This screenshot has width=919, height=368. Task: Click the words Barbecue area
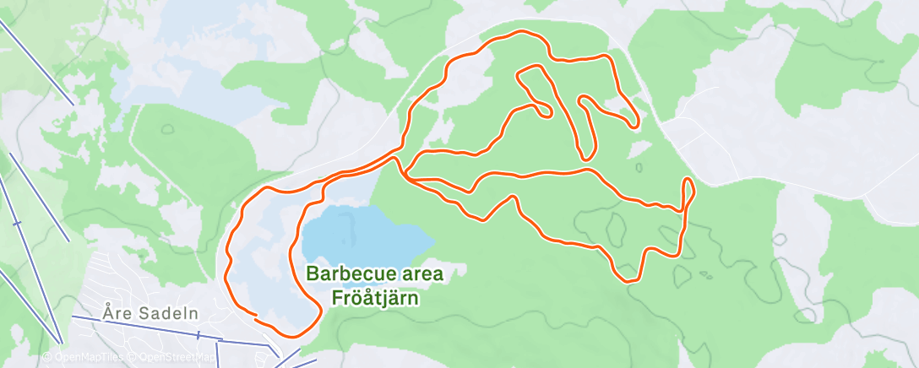(374, 273)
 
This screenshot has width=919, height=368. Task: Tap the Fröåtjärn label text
(374, 297)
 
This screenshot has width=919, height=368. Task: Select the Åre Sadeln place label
(150, 313)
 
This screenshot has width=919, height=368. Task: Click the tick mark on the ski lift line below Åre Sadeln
(198, 335)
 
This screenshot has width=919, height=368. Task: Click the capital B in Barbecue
(312, 273)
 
